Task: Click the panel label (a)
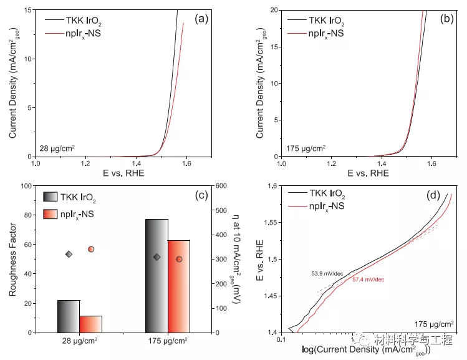point(201,19)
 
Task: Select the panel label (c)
point(201,195)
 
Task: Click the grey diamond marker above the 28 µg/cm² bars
point(69,254)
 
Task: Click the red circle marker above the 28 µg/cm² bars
point(91,249)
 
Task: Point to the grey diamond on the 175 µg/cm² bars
point(157,257)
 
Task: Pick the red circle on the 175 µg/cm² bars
point(179,259)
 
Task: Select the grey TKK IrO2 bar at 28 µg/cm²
point(69,316)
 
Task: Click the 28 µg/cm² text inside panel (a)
point(58,148)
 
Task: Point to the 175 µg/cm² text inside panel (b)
point(306,148)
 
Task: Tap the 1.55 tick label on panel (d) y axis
point(270,223)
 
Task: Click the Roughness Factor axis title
point(12,259)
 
